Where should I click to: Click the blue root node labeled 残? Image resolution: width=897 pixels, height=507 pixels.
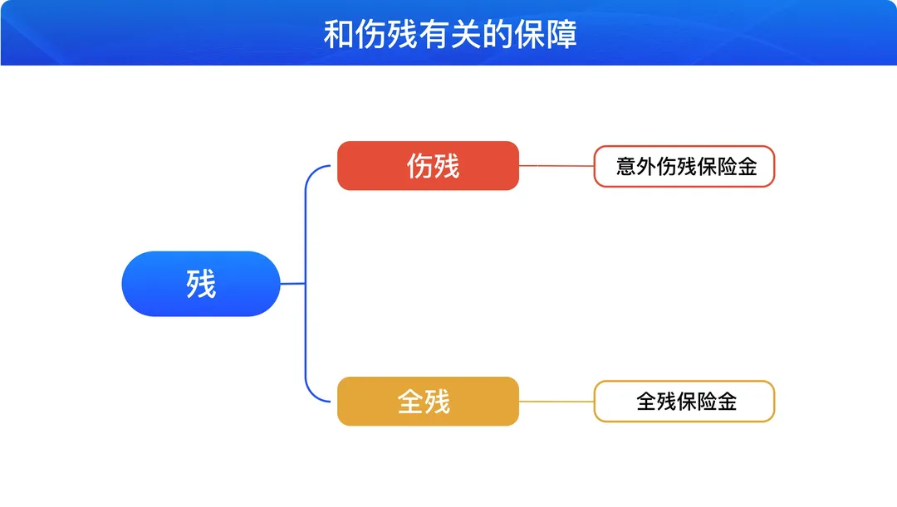coord(201,284)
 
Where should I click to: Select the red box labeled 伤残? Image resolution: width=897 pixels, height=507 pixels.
coord(428,166)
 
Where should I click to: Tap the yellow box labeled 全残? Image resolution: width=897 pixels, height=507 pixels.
coord(428,402)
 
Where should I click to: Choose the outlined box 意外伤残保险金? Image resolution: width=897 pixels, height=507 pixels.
coord(684,166)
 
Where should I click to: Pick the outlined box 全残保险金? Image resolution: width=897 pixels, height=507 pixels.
coord(684,402)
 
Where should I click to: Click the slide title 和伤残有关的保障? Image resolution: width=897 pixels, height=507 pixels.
coord(450,34)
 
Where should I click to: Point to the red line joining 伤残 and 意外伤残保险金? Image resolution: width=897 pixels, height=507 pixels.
coord(556,166)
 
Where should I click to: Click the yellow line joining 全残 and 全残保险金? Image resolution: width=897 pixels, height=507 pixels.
coord(556,402)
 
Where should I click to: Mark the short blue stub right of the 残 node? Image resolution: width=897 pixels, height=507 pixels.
coord(292,284)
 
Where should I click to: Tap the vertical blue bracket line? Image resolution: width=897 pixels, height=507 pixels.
coord(306,284)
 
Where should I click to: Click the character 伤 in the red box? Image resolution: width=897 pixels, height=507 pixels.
coord(419,166)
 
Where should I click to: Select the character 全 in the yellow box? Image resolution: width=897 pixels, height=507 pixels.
coord(410,402)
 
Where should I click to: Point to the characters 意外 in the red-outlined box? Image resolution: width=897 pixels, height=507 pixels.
coord(635,166)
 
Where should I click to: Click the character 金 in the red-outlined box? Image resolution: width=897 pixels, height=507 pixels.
coord(747,166)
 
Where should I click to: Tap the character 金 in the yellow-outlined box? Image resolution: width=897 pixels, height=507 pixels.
coord(727,402)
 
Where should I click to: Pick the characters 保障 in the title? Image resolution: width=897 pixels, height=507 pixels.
coord(546,34)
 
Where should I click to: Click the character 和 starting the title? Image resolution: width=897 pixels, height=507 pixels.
coord(339,34)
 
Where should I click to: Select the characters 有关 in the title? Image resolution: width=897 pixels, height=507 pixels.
coord(450,34)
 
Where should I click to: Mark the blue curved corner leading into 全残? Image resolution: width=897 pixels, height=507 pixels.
coord(312,394)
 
